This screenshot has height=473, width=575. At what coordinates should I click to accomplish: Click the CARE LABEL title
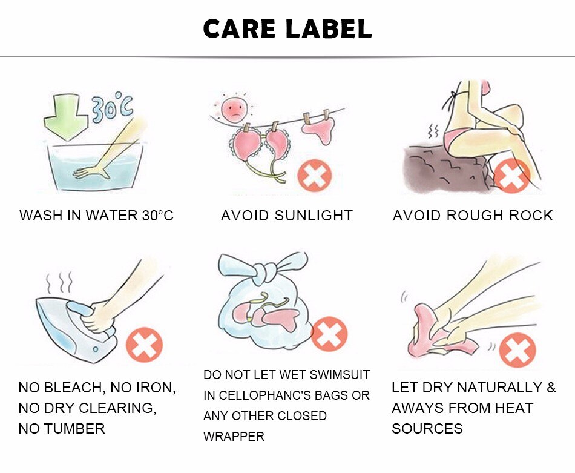287,28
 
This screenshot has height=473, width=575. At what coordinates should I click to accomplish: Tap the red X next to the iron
145,345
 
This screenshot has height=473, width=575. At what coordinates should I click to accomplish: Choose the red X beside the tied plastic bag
329,334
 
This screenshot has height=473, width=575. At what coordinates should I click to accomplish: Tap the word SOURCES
427,429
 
